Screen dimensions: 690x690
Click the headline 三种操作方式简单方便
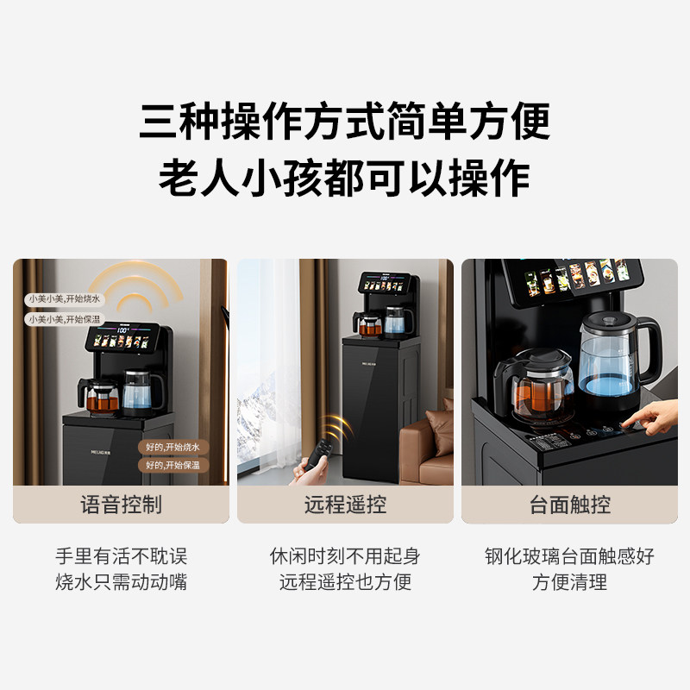click(344, 121)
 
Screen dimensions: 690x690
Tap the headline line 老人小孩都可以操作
click(344, 179)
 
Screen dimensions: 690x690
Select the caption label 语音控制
click(121, 505)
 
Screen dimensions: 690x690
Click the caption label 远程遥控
click(345, 505)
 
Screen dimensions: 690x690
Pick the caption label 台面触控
click(569, 505)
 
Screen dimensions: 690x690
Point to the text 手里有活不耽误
click(121, 556)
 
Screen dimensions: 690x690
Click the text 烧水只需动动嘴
click(121, 582)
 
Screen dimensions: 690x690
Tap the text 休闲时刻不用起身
click(345, 556)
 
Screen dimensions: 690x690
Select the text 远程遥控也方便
click(345, 582)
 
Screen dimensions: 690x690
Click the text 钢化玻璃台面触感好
click(569, 556)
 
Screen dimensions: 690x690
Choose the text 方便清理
click(569, 582)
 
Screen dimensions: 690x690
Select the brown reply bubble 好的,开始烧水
click(172, 448)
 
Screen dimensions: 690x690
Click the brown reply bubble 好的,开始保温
click(172, 465)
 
